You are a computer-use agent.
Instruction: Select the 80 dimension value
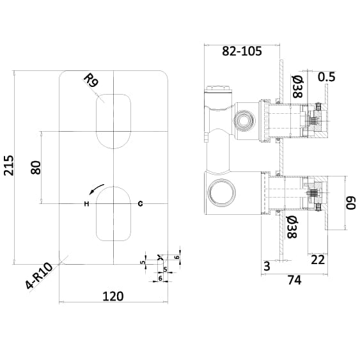36,168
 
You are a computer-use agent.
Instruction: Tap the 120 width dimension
113,295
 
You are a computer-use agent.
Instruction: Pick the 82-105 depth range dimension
242,52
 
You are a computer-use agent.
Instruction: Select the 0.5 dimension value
326,77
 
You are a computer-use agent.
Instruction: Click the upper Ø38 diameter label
297,86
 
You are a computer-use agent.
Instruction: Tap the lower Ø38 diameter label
292,227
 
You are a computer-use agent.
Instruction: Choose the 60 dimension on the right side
350,203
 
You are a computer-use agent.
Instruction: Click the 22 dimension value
318,259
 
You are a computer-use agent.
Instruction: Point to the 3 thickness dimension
267,266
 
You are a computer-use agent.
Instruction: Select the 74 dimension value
293,279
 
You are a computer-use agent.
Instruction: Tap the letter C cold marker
140,203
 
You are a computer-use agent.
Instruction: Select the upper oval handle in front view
113,120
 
